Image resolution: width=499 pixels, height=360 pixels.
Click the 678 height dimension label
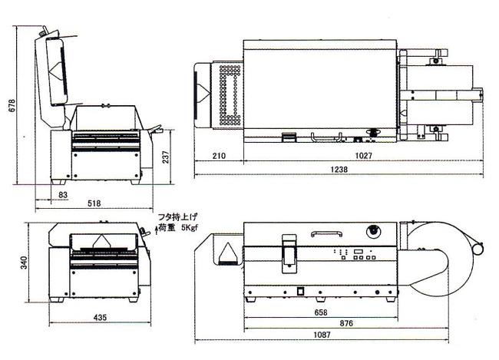[12, 105]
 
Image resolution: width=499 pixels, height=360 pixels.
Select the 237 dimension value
[166, 157]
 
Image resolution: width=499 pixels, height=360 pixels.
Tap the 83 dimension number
[63, 194]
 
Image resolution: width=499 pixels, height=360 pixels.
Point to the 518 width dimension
[94, 203]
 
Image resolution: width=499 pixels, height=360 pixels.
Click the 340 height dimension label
[25, 263]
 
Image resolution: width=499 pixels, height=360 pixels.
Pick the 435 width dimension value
[100, 317]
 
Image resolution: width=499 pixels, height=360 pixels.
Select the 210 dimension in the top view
[219, 156]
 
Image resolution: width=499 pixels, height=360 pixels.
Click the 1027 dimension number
[363, 156]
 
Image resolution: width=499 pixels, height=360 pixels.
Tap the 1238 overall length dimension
[339, 170]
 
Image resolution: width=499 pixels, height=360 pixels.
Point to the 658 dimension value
[320, 312]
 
